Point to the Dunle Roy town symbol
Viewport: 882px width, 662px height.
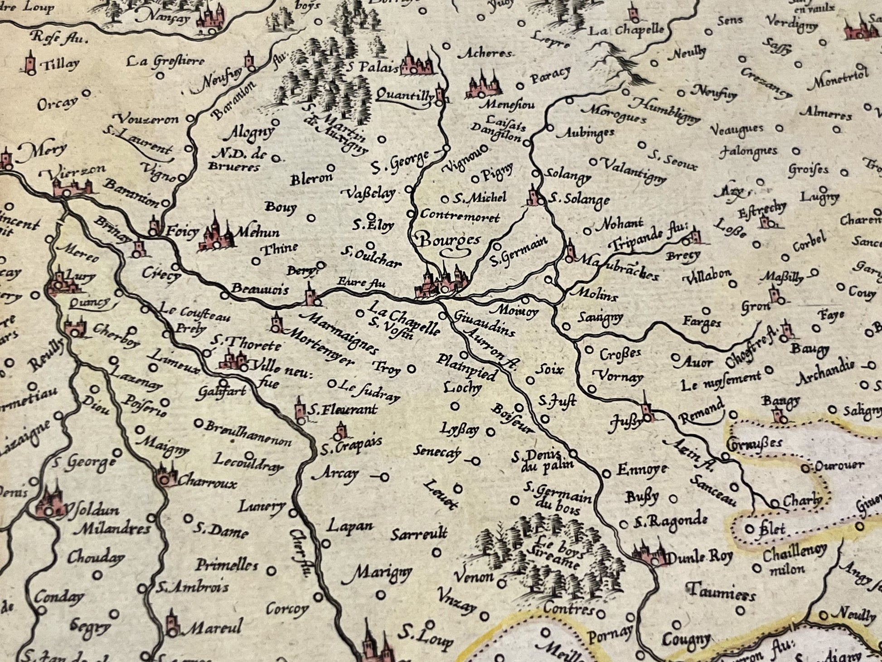[651, 555]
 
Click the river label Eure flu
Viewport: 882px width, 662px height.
[361, 283]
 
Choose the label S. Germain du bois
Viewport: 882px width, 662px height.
[558, 497]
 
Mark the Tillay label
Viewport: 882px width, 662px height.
[60, 65]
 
